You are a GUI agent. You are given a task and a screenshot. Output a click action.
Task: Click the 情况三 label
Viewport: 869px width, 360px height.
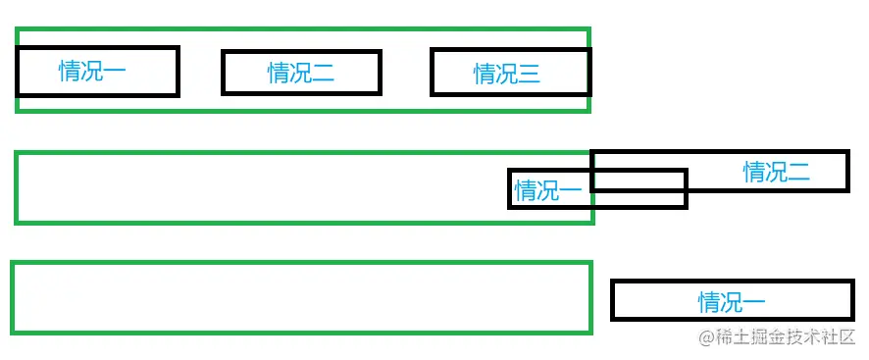coord(507,74)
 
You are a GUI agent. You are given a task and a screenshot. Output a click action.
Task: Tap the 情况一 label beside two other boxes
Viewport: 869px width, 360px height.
coord(92,71)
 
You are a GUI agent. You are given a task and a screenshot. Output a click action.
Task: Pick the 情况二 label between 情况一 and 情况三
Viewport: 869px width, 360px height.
coord(301,73)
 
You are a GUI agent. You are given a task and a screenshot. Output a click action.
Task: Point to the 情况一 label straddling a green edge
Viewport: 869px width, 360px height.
coord(548,190)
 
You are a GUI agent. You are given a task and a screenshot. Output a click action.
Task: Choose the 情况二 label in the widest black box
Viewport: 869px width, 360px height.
coord(776,173)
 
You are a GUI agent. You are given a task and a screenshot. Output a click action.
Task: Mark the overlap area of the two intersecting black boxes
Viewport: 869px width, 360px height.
coord(638,180)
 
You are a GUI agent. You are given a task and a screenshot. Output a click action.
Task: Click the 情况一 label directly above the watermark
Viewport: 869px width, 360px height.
coord(732,301)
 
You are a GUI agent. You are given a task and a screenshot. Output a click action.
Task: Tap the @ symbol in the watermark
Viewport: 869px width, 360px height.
coord(705,338)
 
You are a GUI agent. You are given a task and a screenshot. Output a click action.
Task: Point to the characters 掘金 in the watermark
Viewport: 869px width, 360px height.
coord(770,338)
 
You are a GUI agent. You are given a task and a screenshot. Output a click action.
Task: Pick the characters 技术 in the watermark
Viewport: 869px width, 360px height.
coord(808,338)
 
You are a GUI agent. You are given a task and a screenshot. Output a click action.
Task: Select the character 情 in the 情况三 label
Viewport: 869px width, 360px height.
coord(485,74)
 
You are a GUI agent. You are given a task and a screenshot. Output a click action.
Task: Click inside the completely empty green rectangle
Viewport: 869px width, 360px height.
coord(294,297)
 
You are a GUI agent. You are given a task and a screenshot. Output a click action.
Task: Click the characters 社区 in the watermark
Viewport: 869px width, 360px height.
coord(839,338)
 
